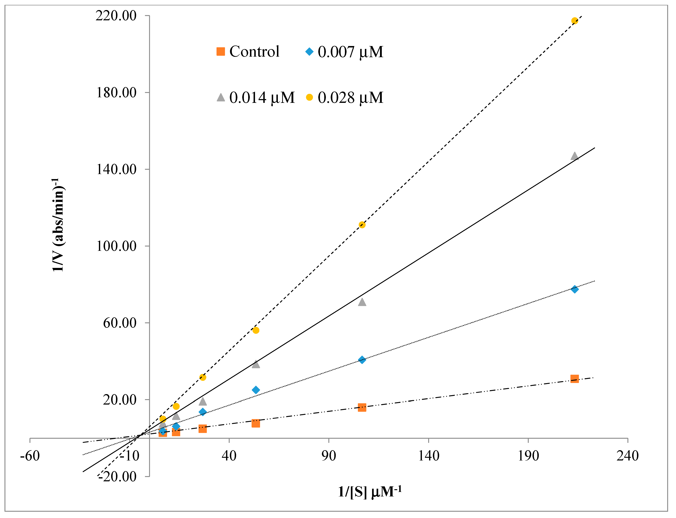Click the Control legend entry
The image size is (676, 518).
pyautogui.click(x=248, y=51)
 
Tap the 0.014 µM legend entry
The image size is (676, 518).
pyautogui.click(x=256, y=98)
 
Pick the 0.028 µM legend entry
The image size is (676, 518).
pyautogui.click(x=345, y=98)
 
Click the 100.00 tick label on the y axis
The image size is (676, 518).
pyautogui.click(x=116, y=246)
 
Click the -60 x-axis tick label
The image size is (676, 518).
pyautogui.click(x=30, y=456)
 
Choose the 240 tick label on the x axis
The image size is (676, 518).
pyautogui.click(x=628, y=456)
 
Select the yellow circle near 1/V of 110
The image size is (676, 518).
pyautogui.click(x=362, y=225)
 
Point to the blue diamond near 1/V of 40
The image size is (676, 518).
pyautogui.click(x=362, y=360)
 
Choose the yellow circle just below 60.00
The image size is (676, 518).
pyautogui.click(x=256, y=330)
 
